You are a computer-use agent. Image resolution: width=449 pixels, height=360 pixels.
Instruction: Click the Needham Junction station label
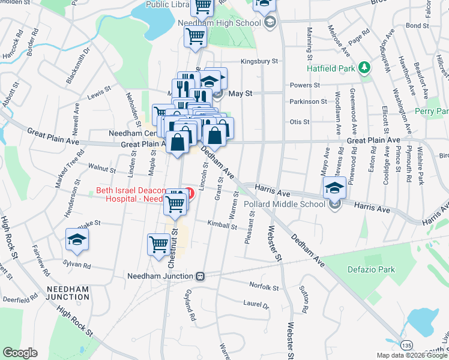(161, 277)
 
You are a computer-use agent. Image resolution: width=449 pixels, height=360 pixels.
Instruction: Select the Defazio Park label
(372, 269)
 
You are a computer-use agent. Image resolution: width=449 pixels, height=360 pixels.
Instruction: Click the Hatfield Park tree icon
(364, 67)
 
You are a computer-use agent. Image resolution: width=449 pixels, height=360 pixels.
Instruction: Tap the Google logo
(20, 353)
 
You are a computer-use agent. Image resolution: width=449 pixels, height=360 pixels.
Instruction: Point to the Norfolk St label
(264, 288)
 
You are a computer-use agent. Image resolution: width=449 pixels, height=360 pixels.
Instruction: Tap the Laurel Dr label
(256, 304)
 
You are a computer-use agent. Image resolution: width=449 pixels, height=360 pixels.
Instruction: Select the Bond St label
(414, 26)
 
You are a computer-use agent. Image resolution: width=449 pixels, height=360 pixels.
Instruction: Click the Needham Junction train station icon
(200, 277)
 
